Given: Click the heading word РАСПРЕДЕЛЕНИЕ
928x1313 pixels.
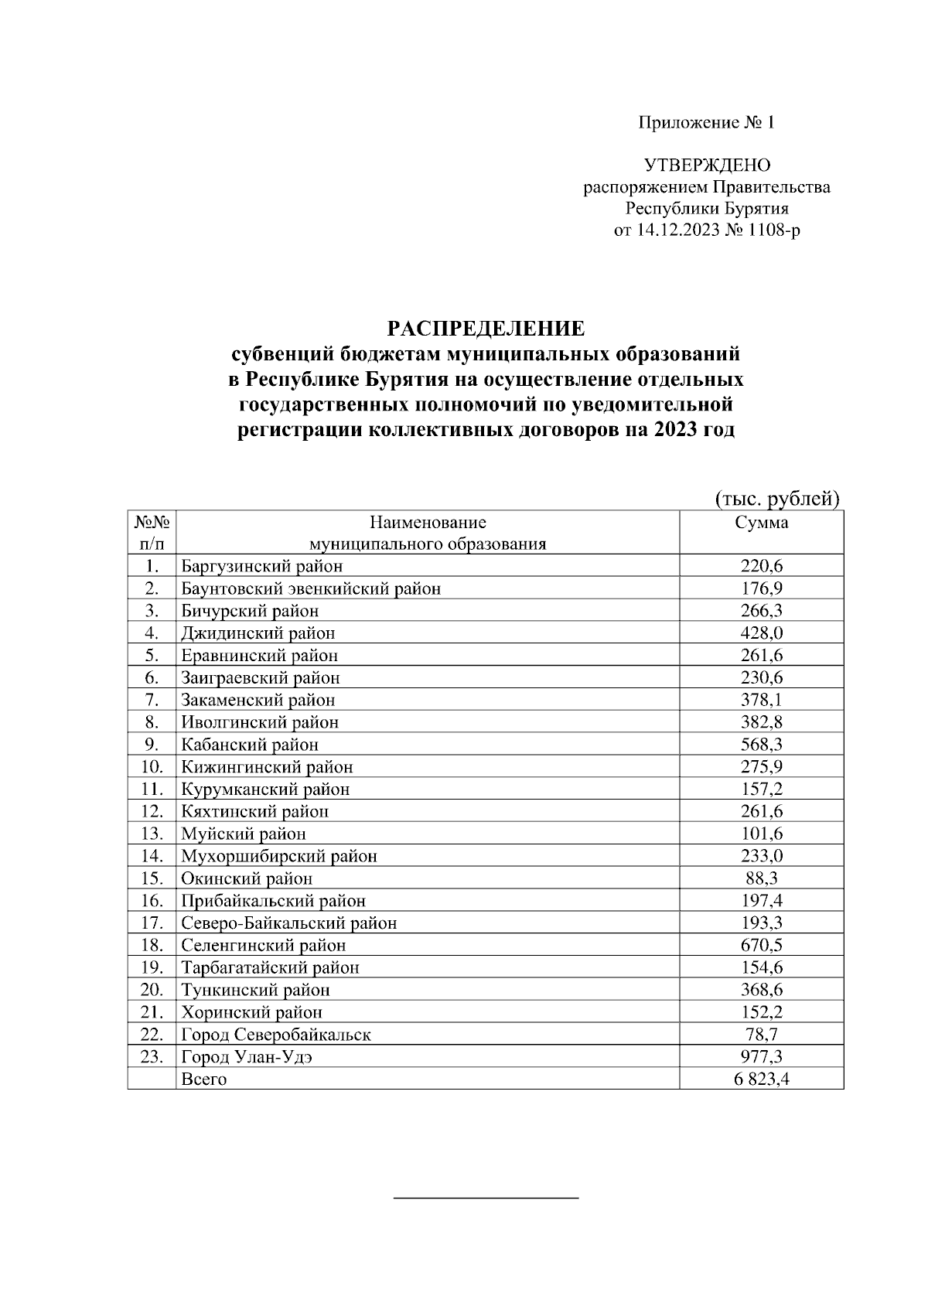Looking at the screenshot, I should coord(486,329).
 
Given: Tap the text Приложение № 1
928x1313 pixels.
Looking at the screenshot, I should coord(706,122).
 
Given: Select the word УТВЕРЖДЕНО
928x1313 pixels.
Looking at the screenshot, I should coord(707,165).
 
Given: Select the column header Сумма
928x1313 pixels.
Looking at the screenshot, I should coord(761,523).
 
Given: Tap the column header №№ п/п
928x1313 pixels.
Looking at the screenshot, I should coord(152,533).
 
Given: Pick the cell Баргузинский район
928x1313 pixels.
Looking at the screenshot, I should coord(261,566).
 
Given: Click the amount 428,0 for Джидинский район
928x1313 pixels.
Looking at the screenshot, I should coord(761,633).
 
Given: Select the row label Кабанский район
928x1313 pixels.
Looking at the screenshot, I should coord(250,745).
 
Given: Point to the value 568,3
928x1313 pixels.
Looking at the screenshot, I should coord(761,745).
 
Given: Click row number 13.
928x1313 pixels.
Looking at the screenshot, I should coord(152,834).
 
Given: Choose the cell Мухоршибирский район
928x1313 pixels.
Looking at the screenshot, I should coord(279,856).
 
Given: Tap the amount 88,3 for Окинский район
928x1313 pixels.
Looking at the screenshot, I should coord(761,878).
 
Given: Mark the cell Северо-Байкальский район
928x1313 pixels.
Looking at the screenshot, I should coord(288,923).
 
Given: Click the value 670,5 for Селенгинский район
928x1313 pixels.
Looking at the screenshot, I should coord(761,946).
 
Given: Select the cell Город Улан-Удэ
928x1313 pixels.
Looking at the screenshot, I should coord(247,1057).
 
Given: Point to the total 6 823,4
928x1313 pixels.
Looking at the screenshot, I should coord(761,1079).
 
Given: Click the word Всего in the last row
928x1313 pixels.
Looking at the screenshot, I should coord(203,1079).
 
